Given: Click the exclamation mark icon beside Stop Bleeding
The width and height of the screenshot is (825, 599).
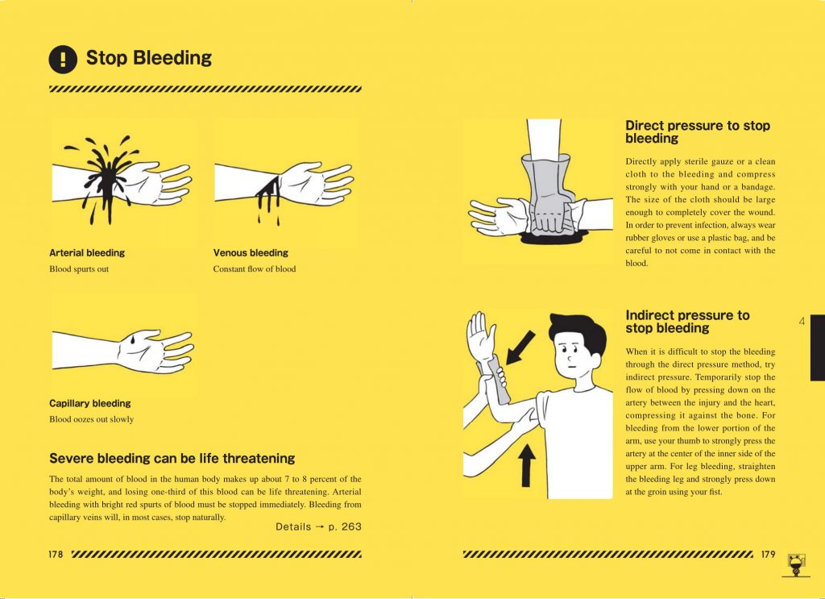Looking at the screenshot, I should coord(63,59).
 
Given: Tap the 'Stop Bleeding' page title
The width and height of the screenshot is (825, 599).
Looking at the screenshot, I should coord(148,58).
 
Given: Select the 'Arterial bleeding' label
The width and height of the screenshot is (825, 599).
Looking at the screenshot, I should coord(87,253).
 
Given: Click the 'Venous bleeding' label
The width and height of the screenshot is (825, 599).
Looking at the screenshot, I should coord(251,253).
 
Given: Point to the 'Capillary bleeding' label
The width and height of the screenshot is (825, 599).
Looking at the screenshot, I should coord(90,403).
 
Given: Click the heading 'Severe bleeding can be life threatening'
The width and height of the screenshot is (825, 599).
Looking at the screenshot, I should coord(172,459).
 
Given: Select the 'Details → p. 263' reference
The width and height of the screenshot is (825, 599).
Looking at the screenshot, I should coord(318,526).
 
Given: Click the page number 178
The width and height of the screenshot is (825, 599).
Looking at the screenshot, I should coord(56,555).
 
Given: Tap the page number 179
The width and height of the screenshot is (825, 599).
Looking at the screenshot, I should coord(768,555).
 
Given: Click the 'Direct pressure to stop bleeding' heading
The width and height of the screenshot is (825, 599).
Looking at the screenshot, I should coord(698,132).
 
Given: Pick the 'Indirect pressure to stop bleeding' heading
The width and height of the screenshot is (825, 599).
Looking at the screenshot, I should coord(687,322).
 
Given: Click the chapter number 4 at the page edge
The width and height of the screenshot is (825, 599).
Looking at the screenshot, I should coord(802,322).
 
